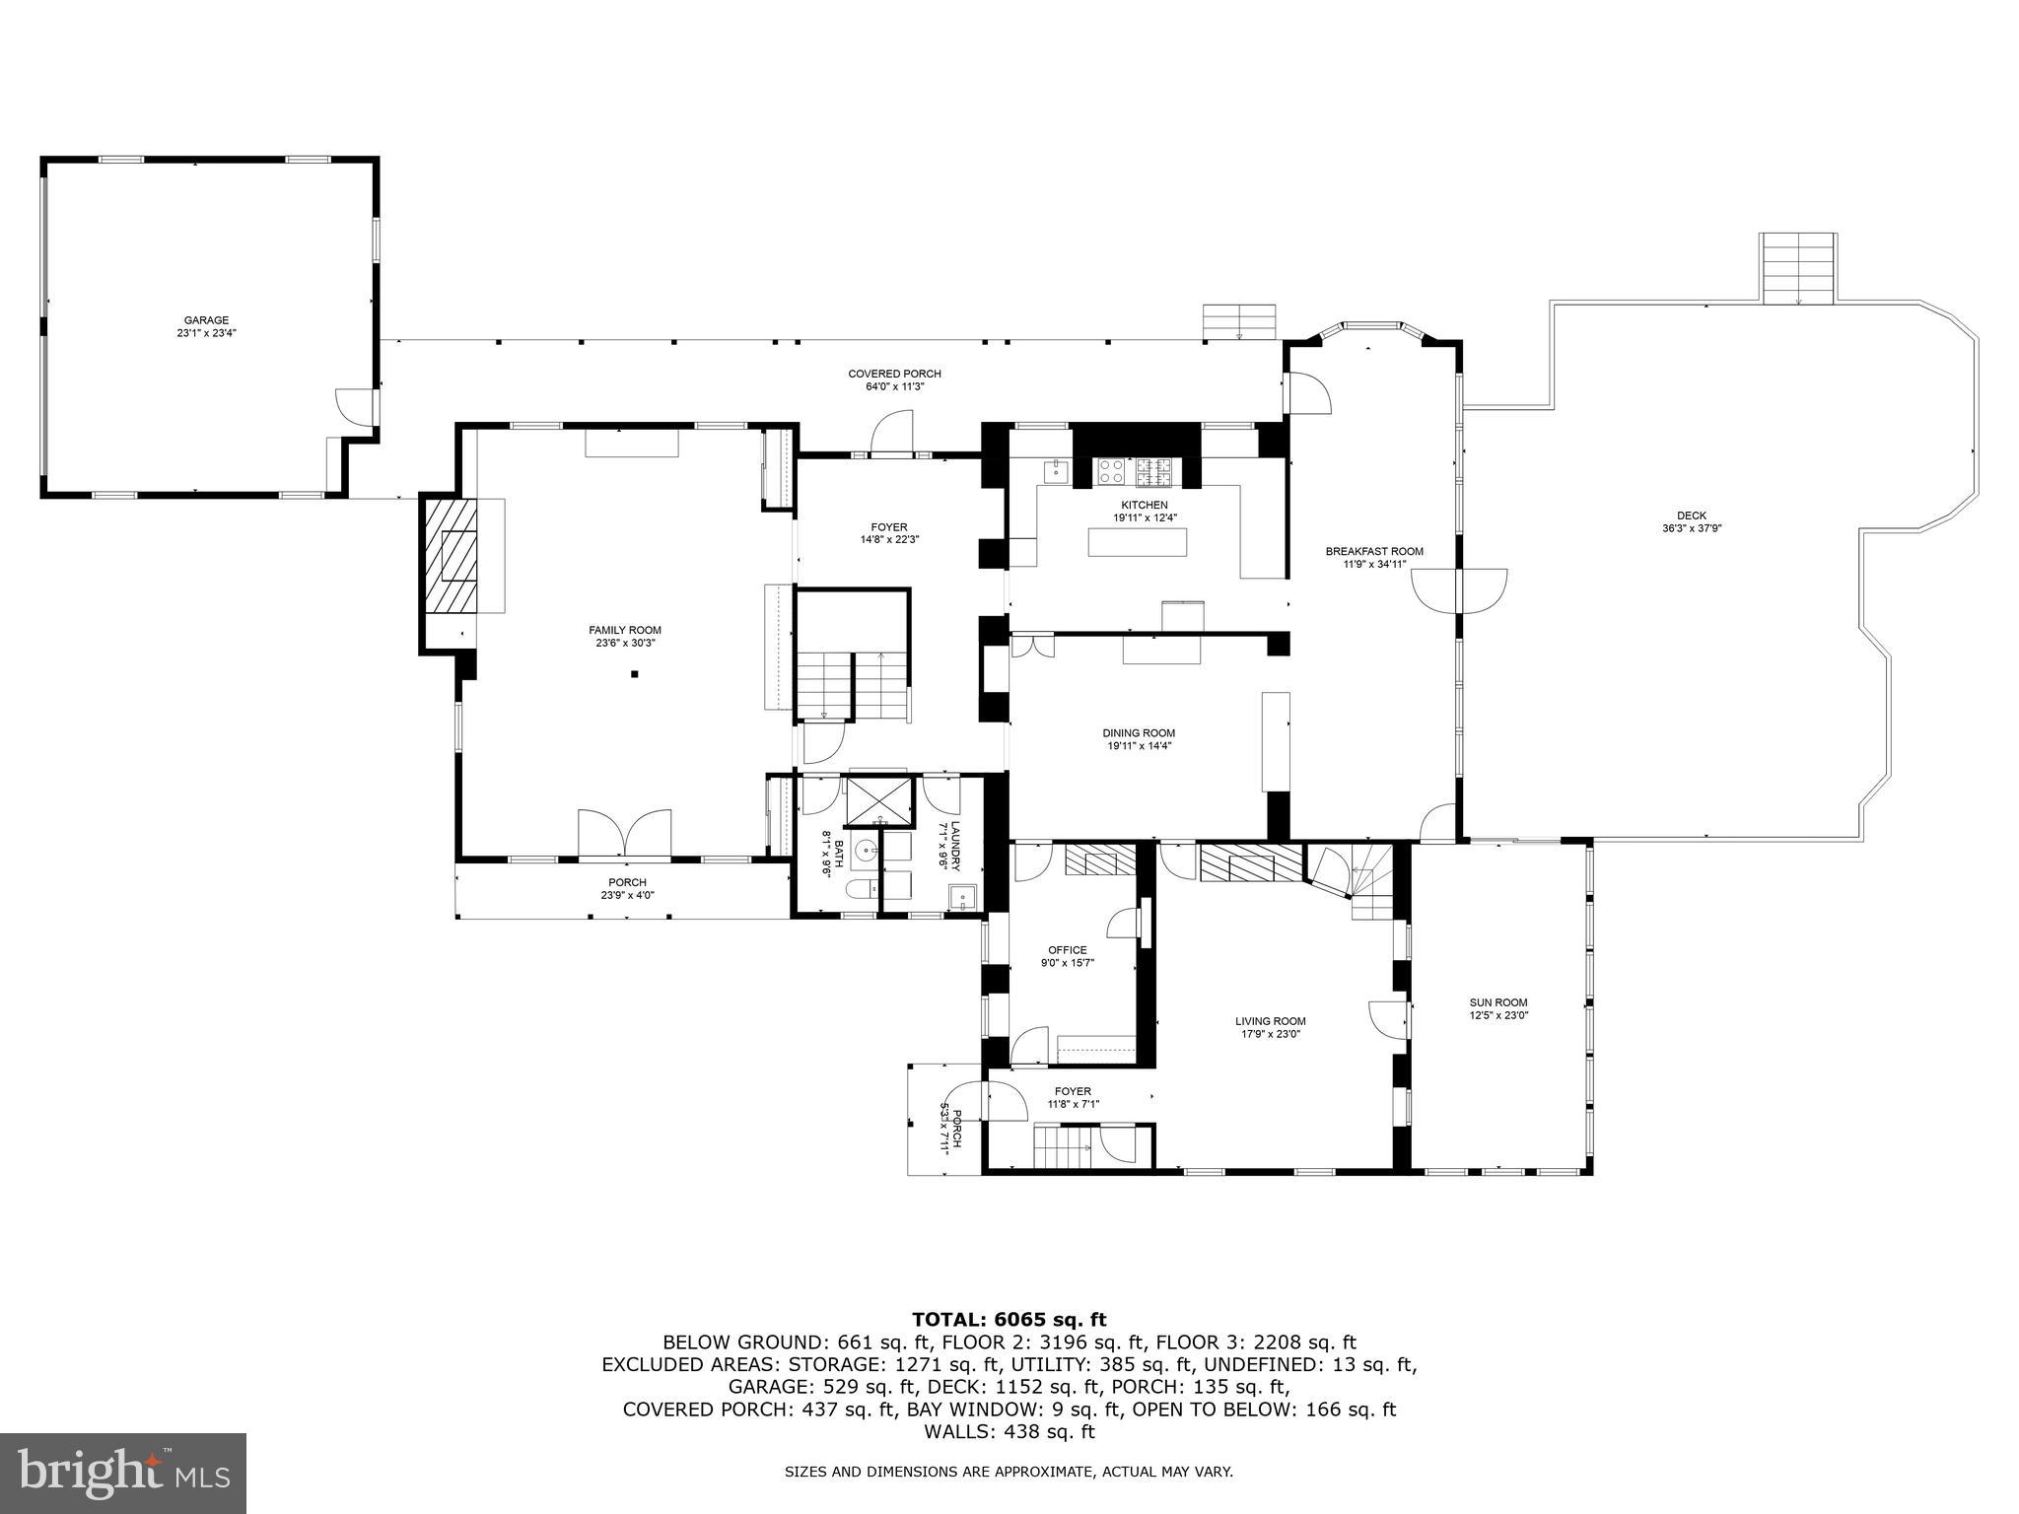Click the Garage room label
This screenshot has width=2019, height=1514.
click(206, 326)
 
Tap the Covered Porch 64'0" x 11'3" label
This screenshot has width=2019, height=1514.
click(894, 379)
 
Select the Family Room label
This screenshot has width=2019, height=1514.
click(625, 636)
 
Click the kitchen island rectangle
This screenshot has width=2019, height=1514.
click(1137, 542)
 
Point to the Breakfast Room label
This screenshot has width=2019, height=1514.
click(1374, 557)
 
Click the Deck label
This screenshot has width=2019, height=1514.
click(1691, 521)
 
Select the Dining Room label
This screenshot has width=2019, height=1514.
click(1139, 739)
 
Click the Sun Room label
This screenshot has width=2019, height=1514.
click(1498, 1008)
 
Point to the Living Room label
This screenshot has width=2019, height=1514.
click(1271, 1027)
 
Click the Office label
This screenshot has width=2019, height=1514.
click(1068, 956)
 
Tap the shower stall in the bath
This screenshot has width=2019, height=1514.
click(878, 800)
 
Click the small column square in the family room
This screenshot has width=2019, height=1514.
click(636, 674)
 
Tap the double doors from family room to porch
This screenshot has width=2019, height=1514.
click(625, 833)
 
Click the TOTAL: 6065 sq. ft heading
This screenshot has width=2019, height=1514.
click(1009, 1320)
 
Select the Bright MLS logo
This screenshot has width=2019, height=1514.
click(123, 1473)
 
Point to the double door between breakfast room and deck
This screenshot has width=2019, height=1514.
click(1458, 589)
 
